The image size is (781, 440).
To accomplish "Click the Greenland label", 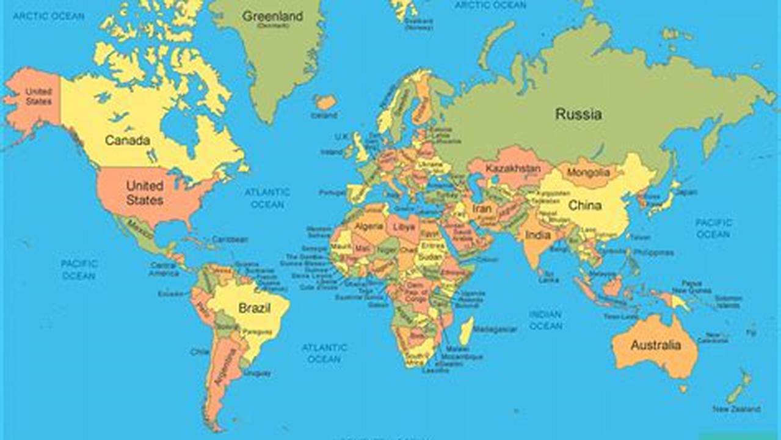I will point(272,16).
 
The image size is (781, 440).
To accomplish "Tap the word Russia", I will point(578,114).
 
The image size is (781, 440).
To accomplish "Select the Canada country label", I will point(127,141).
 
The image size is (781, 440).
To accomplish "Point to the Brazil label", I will point(254,309).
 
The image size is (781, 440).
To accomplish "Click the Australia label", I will point(655,345).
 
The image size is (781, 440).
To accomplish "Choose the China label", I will point(584,206).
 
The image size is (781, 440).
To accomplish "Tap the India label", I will point(538,235).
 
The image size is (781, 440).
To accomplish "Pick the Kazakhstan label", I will point(513,168).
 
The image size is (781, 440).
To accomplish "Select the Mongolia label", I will point(588,173).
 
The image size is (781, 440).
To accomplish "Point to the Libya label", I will point(404,226).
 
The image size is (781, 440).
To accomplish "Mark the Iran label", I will point(481,209).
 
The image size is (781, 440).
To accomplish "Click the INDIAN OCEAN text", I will point(545,320).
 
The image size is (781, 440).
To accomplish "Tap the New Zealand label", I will point(736,409).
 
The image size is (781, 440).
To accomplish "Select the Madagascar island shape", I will point(466,331).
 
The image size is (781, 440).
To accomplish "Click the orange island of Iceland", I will point(325,101).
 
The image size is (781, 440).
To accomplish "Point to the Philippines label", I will point(653,252).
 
